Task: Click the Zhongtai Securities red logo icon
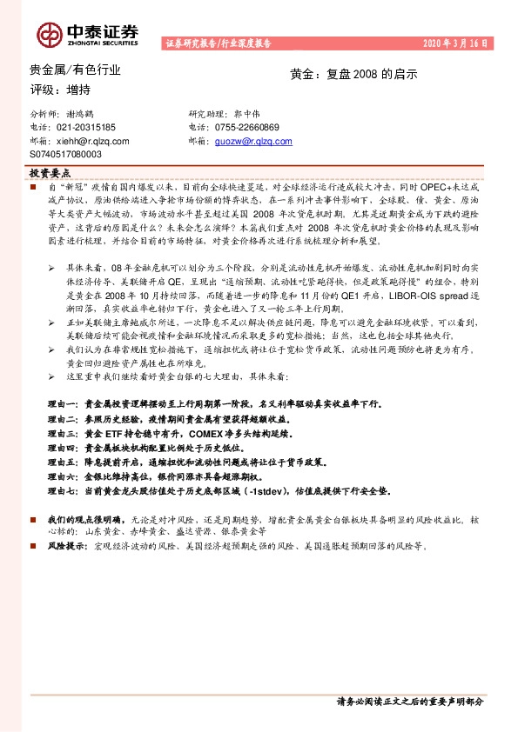50,33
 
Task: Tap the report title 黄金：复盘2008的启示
353,74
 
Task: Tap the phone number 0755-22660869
247,127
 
